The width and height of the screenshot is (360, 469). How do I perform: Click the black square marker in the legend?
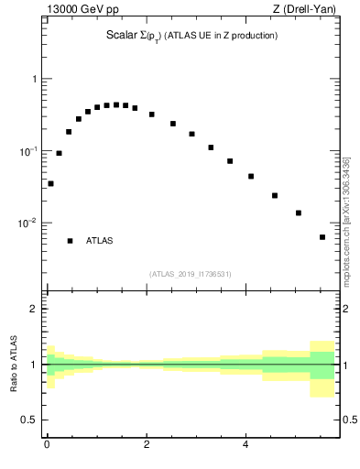pos(70,241)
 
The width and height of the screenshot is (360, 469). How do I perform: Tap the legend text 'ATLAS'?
pos(100,241)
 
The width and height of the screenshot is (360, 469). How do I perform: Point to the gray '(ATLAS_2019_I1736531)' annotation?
pos(190,274)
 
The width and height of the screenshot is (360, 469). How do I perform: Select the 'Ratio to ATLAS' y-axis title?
pos(14,364)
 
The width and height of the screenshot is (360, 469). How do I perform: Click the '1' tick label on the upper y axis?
pos(36,79)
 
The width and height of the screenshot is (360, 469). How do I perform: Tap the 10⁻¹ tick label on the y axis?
pos(30,150)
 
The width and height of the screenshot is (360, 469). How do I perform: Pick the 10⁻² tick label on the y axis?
pos(30,223)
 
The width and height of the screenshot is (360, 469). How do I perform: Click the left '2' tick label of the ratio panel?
pos(36,309)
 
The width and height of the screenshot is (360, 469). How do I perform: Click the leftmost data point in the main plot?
pos(50,183)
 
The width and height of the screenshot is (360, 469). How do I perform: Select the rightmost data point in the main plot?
pos(322,237)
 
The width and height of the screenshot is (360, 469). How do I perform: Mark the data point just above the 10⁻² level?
pos(299,213)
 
